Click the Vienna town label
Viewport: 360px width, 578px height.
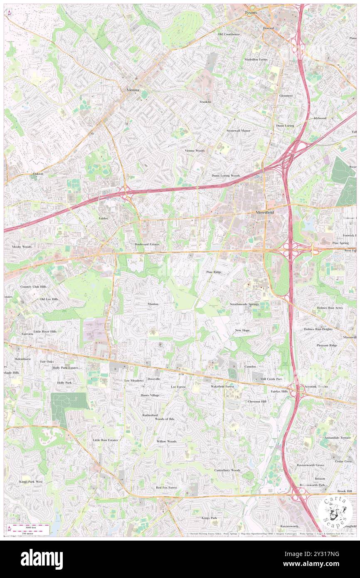pos(133,90)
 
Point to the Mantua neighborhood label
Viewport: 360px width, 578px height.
pos(153,304)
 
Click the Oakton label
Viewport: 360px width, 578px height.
pos(38,173)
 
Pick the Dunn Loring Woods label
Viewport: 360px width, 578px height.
pos(226,176)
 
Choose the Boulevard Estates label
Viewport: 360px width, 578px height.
pos(147,244)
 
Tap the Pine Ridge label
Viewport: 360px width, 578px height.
pos(214,272)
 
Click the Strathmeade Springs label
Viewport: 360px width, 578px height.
pos(244,304)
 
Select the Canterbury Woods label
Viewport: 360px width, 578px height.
pos(227,470)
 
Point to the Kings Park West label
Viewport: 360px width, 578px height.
pos(31,482)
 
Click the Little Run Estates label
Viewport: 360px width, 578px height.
pos(105,440)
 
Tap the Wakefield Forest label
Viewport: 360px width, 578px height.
pos(222,386)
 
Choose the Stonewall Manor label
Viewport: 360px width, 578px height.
pos(238,131)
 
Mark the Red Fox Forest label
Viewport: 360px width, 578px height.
pos(166,487)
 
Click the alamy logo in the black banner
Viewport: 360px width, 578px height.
pos(42,559)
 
